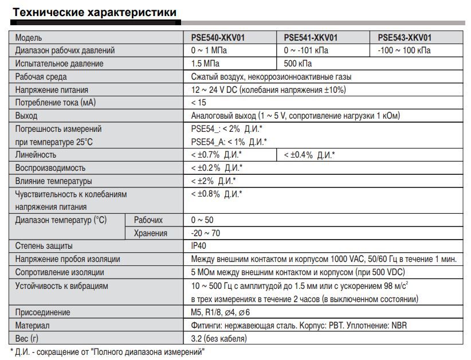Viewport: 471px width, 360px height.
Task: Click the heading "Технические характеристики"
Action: coord(95,12)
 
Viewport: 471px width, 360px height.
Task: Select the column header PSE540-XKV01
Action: coord(218,38)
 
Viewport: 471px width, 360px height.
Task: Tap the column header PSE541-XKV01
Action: coord(311,38)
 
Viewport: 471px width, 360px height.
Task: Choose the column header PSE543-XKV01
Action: coord(405,38)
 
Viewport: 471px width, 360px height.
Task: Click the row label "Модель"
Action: coord(29,38)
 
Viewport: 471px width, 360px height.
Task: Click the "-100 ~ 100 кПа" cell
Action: coord(405,50)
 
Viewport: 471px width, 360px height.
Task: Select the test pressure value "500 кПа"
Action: coord(298,64)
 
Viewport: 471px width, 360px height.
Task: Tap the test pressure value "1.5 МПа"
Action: coord(205,64)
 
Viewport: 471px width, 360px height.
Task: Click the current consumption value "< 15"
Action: coord(198,103)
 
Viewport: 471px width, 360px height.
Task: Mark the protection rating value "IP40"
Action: coord(199,246)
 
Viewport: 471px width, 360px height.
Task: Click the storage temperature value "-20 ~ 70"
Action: coord(206,233)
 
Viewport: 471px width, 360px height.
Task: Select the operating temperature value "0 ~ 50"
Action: coord(202,220)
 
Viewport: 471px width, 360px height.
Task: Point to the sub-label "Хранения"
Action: coord(150,233)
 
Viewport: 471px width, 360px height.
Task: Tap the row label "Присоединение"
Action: coord(42,312)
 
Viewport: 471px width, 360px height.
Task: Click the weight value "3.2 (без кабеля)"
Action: coord(219,338)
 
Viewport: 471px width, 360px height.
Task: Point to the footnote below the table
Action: coord(107,351)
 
